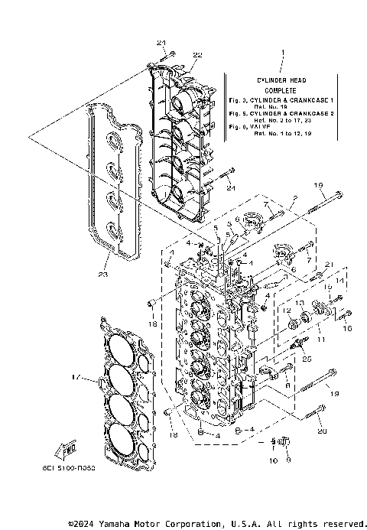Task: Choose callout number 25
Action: click(x=307, y=359)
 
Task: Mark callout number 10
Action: click(x=274, y=461)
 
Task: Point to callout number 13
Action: click(x=300, y=303)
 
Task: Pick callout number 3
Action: click(x=229, y=223)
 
